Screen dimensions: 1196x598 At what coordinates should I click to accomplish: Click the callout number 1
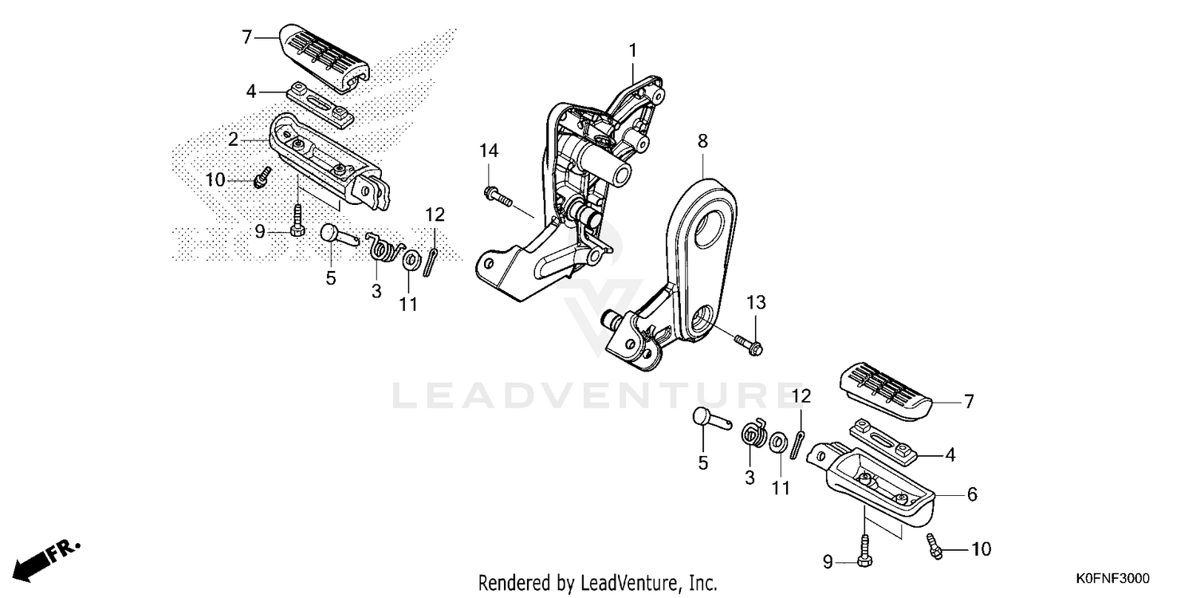pos(633,51)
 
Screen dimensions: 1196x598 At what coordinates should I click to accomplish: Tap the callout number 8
pos(702,141)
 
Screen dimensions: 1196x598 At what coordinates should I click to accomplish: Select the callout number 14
pos(489,151)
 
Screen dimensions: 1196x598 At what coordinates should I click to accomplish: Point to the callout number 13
pos(756,303)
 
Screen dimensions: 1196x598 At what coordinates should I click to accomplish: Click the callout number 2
pos(233,140)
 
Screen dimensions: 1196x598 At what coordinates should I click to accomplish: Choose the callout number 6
pos(972,494)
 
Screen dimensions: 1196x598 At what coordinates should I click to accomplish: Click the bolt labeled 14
pos(498,196)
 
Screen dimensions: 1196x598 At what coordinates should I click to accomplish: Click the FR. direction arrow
pos(46,561)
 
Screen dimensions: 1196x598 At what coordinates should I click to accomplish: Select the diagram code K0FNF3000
pos(1113,578)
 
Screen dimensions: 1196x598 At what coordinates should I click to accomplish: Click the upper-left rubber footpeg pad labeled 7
pos(325,57)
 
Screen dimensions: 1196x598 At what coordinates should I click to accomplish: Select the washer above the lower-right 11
pos(778,442)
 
